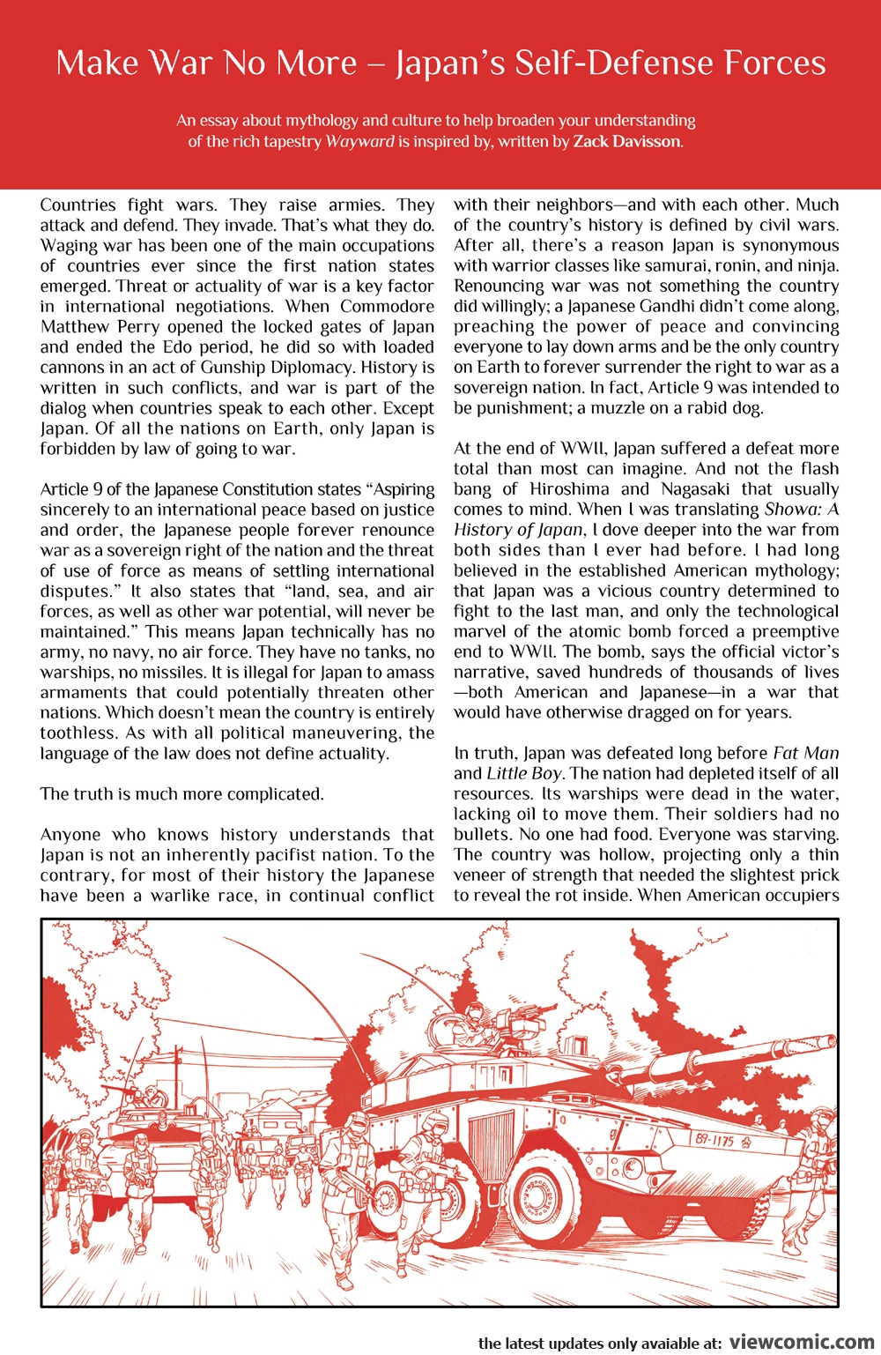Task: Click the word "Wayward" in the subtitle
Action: pos(359,142)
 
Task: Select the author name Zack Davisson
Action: pos(626,142)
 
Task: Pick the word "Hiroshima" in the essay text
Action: pos(570,489)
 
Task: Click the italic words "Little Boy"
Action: pos(524,773)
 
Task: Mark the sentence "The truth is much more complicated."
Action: pos(181,794)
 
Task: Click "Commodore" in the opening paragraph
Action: pos(387,307)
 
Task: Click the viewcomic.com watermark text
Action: pos(802,1342)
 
